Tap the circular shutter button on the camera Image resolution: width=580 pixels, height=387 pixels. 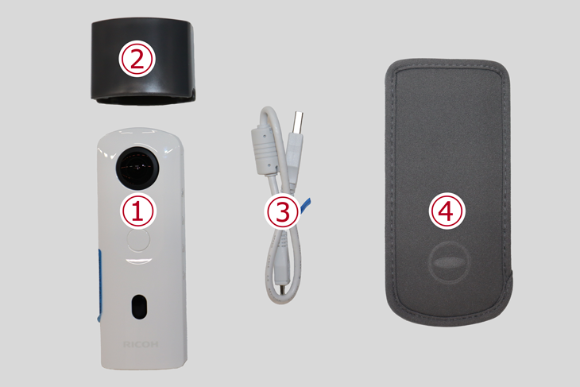click(139, 242)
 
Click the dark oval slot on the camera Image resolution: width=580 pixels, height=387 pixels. click(140, 306)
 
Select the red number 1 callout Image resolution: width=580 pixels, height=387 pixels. click(138, 211)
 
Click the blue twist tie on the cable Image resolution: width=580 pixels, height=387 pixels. click(305, 205)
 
